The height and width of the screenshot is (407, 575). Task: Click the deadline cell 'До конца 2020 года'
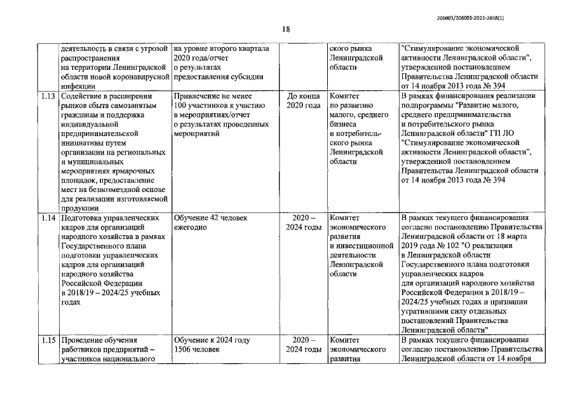tap(303, 100)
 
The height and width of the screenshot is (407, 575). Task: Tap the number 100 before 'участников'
tap(182, 106)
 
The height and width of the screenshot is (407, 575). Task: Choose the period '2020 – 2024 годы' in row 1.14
tap(303, 223)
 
